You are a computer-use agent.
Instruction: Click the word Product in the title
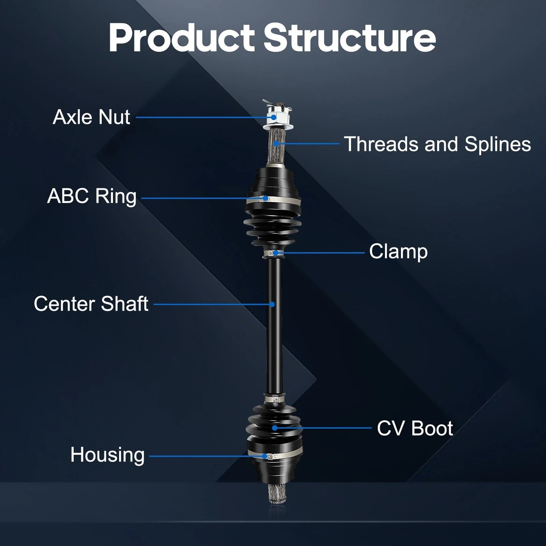coord(182,38)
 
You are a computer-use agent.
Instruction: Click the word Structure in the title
coord(349,38)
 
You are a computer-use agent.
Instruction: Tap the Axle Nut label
coord(91,117)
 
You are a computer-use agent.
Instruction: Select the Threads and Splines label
coord(438,144)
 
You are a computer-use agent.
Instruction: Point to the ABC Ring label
coord(92,196)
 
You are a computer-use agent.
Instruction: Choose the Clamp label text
coord(398,252)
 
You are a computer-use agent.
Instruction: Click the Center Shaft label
coord(91,304)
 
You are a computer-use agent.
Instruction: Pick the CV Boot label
coord(415,428)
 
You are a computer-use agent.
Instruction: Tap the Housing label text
coord(107,455)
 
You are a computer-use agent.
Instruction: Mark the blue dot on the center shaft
coord(272,304)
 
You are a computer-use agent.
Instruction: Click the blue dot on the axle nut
coord(274,117)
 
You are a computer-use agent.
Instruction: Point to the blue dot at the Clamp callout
coord(276,253)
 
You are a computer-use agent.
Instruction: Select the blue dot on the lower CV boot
coord(274,428)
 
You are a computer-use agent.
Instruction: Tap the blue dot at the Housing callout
coord(264,456)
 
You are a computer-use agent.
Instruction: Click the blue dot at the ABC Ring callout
coord(265,198)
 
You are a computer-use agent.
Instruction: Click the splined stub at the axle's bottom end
coord(277,494)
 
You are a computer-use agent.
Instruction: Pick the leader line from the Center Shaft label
coord(213,304)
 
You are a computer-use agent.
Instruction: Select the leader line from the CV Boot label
coord(323,428)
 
